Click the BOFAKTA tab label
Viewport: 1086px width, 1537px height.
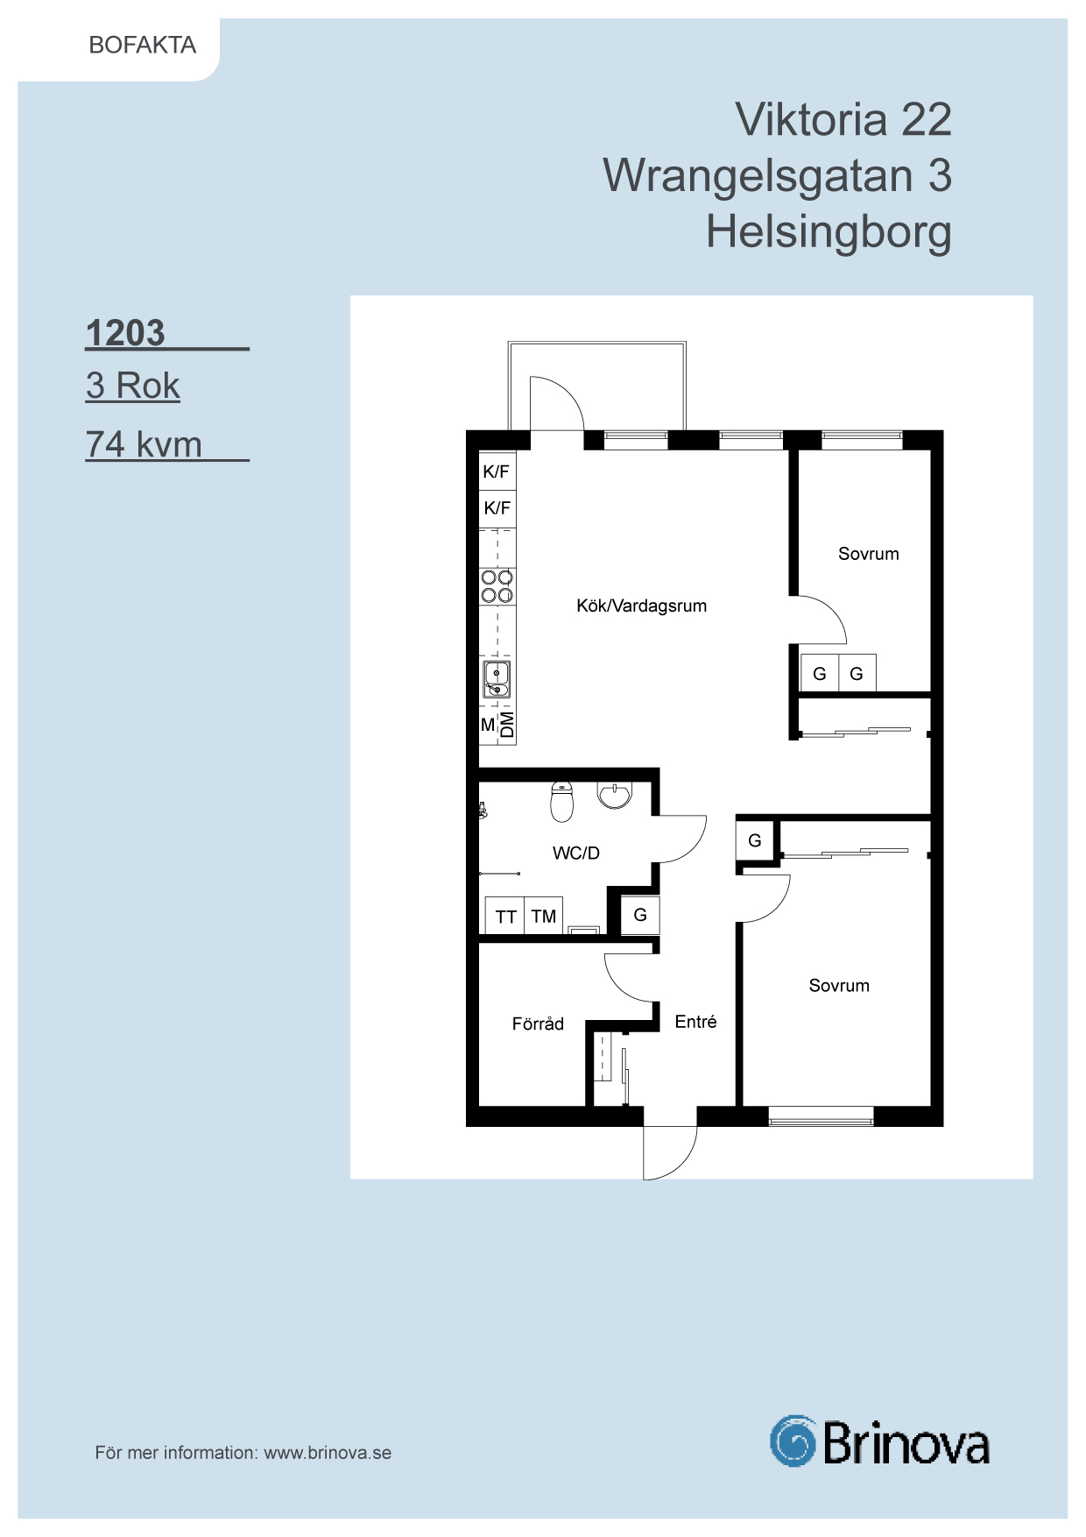[x=143, y=45]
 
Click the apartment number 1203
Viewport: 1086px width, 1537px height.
[x=125, y=333]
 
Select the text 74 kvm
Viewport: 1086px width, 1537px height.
[x=144, y=444]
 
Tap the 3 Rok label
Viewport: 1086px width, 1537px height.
[x=133, y=386]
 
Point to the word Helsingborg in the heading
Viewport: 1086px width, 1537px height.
[x=829, y=232]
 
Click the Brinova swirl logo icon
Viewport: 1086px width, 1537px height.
[x=793, y=1441]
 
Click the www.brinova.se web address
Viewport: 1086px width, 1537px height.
[x=328, y=1453]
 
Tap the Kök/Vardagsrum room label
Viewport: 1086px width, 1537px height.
[x=641, y=606]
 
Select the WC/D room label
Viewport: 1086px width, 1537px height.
[x=576, y=853]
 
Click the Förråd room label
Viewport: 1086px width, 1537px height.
[x=538, y=1023]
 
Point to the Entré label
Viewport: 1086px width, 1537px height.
[x=695, y=1022]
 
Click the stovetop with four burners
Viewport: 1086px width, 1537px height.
[x=497, y=586]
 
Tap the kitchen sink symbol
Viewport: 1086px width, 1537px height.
[x=497, y=679]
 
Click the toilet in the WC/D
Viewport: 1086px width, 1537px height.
[x=561, y=801]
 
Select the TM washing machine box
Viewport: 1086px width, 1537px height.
[x=544, y=916]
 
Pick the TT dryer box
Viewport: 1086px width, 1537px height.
[x=505, y=916]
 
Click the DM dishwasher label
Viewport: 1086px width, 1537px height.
[x=507, y=725]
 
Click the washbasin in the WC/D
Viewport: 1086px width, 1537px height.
[x=615, y=794]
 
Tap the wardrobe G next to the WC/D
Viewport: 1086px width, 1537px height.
[x=640, y=915]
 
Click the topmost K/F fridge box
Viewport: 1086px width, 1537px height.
[x=497, y=471]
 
